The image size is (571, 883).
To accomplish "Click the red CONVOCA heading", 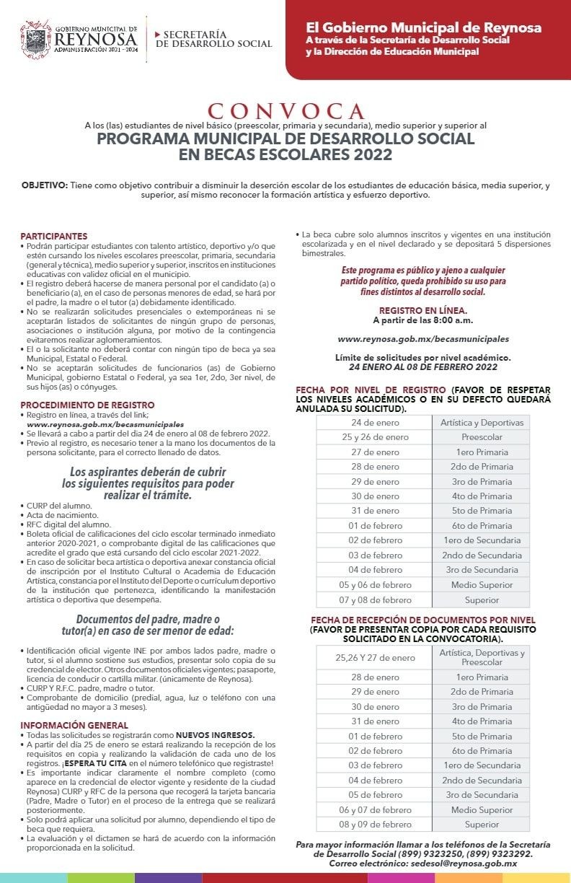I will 285,111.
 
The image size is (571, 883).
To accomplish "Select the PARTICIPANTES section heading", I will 54,236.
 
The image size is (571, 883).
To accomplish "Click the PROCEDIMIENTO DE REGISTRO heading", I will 87,405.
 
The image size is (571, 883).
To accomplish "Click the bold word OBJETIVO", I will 43,185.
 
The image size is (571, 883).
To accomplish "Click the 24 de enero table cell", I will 375,422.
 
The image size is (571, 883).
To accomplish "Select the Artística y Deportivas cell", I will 482,422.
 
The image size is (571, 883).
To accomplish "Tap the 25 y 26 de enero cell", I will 375,437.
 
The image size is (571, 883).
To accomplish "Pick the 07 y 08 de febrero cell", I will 375,599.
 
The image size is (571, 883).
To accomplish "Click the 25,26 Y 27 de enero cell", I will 375,657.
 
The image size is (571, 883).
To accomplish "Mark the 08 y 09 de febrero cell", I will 375,824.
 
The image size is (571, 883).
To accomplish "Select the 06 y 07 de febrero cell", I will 375,809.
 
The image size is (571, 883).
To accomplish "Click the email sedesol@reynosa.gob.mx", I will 461,863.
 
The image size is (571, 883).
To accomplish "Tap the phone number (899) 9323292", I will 503,853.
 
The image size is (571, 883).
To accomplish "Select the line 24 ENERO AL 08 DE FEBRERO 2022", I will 423,366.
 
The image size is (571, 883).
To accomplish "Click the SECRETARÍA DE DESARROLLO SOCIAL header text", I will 213,39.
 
